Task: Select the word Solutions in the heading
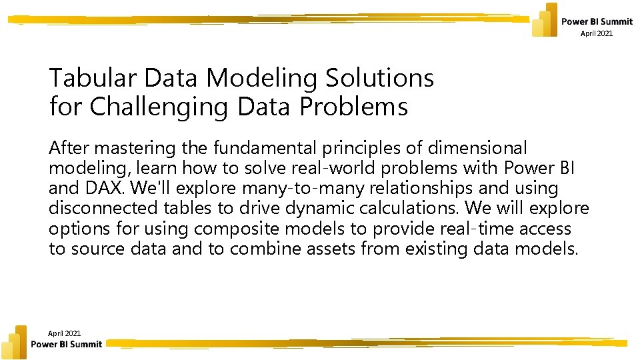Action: click(x=379, y=79)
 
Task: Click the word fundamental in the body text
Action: click(x=261, y=148)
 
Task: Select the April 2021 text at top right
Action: click(x=596, y=33)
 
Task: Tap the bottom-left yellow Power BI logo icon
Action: click(x=15, y=342)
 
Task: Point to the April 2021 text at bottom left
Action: click(x=65, y=333)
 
